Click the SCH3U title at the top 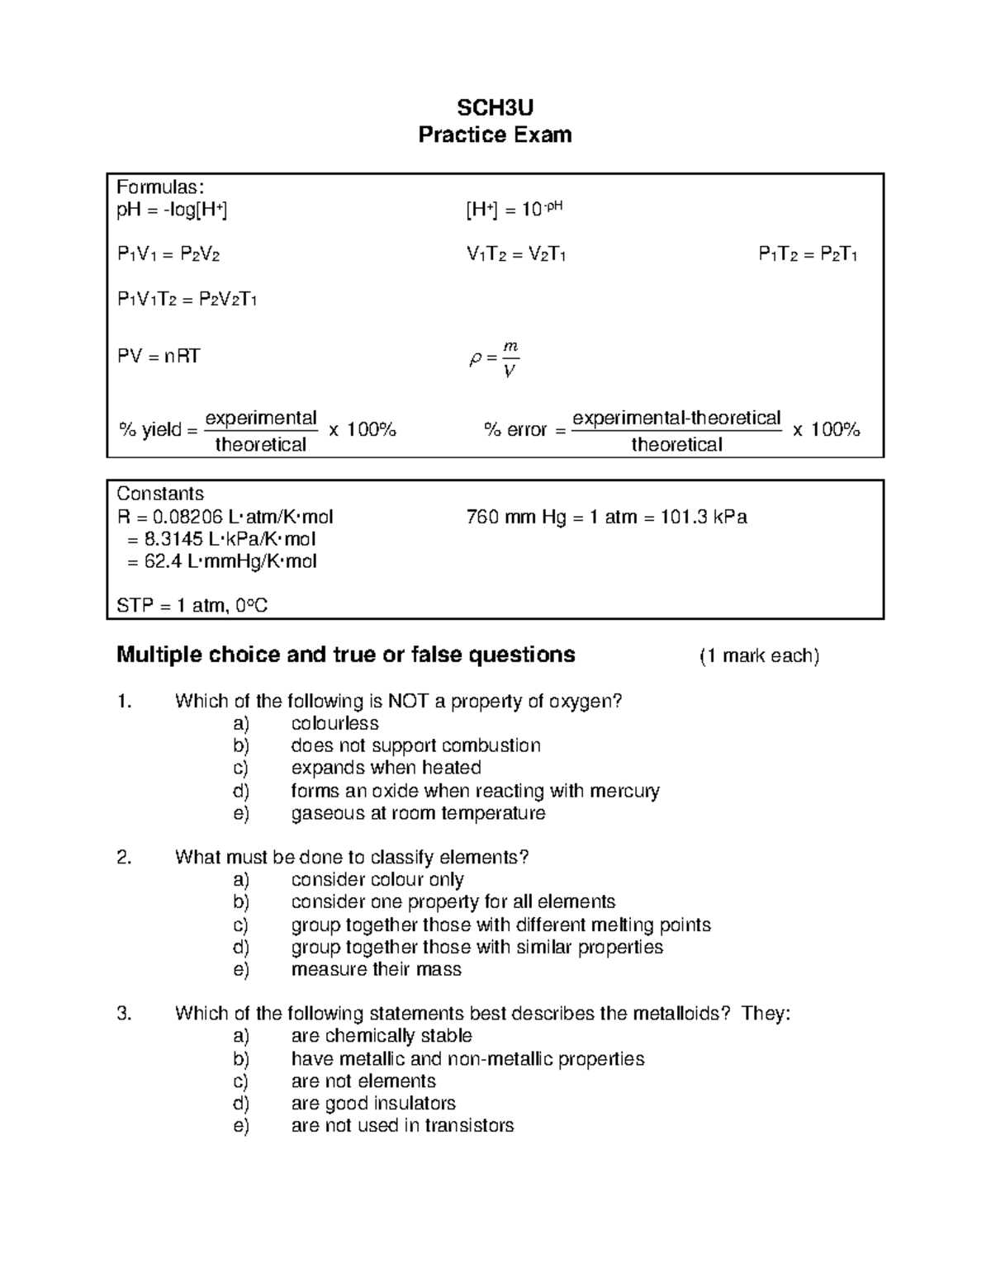[x=495, y=107]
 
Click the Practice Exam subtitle [x=495, y=135]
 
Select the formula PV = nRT [x=159, y=357]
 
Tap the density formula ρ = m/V [x=494, y=358]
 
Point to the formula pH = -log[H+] [x=172, y=210]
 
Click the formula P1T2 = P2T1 [x=808, y=254]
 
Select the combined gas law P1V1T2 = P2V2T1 [x=187, y=299]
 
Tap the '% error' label [x=516, y=430]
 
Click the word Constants [x=160, y=494]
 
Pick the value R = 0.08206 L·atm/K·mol [x=225, y=517]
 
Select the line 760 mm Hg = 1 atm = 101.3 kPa [x=607, y=517]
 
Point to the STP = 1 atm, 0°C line [x=192, y=606]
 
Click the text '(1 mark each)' [x=759, y=656]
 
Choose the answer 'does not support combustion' [x=415, y=745]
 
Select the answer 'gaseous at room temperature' [x=418, y=813]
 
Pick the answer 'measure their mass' [x=376, y=969]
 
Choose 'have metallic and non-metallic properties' [x=467, y=1059]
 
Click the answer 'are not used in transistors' [x=402, y=1126]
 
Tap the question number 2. [x=124, y=857]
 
